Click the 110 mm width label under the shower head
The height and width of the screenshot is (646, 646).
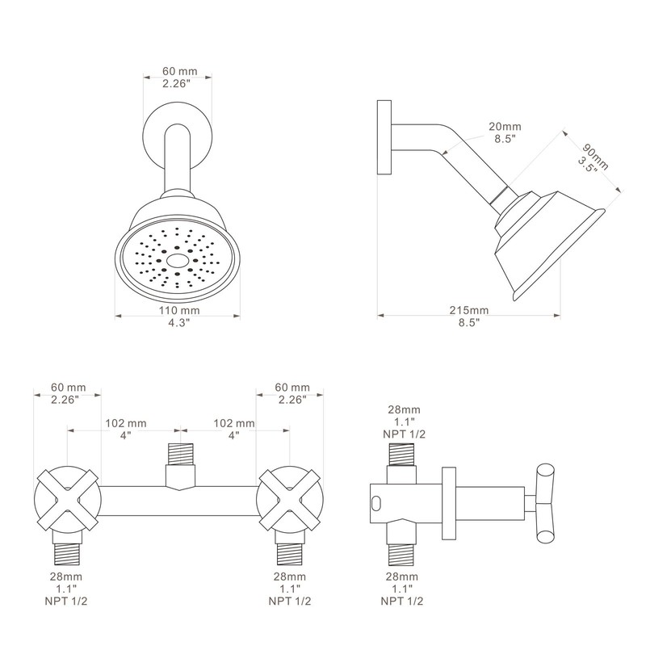pos(178,310)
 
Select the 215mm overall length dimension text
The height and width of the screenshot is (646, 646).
pos(468,310)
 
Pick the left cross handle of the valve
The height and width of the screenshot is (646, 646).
pos(68,498)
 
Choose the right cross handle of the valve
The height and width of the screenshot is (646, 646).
pos(289,498)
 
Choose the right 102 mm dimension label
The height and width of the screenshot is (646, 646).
pos(233,423)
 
